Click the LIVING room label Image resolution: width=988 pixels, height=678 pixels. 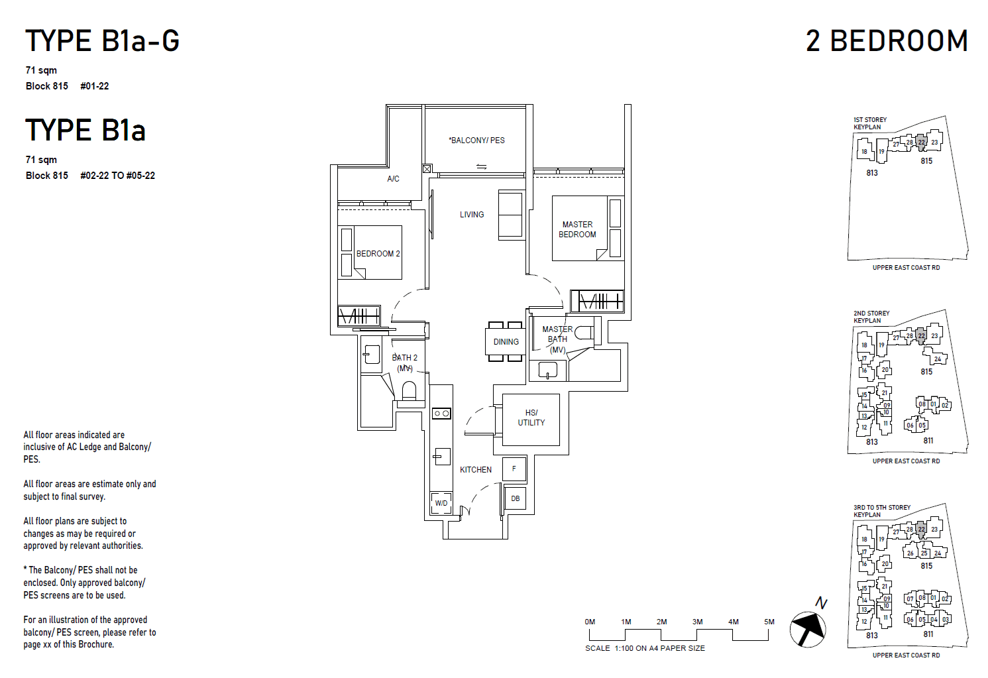(x=472, y=214)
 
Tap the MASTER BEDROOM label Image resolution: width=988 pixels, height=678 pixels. (x=577, y=229)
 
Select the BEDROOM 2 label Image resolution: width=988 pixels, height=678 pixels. (x=378, y=254)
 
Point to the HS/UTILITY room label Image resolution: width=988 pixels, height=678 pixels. (x=531, y=418)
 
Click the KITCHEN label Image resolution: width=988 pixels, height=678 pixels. (x=476, y=470)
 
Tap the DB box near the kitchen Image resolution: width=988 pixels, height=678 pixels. (x=515, y=498)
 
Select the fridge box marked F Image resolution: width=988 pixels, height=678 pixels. (x=514, y=469)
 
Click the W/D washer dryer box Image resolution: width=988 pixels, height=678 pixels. (x=441, y=503)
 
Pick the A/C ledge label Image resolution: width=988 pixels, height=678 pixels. (x=393, y=179)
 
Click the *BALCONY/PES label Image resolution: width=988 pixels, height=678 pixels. (x=477, y=141)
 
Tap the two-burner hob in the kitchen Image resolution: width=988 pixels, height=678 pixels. (x=441, y=414)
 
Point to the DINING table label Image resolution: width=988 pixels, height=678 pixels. (x=506, y=342)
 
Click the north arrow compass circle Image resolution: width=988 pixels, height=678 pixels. (x=808, y=630)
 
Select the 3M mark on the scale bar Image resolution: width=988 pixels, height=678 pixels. (x=697, y=622)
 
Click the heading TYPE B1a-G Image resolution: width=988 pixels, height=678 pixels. (x=102, y=40)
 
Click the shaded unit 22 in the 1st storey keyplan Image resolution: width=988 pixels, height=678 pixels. (x=921, y=142)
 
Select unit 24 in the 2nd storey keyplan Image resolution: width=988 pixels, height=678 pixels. (x=938, y=359)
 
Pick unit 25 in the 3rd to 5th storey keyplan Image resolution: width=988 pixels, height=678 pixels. (x=924, y=553)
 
